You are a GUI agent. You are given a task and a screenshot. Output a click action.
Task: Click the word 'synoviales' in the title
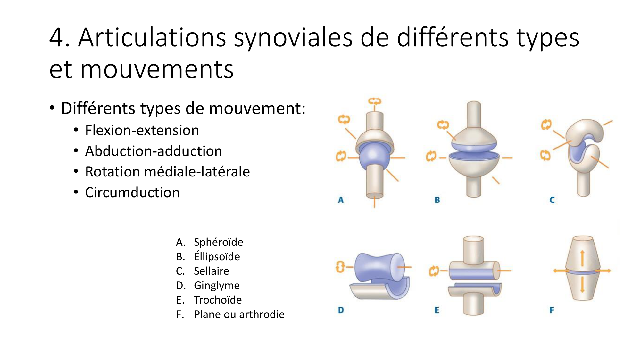293,38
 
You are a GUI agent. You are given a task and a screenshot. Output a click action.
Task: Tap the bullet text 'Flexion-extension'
142,130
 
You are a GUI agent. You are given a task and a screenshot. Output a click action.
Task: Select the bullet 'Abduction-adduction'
154,151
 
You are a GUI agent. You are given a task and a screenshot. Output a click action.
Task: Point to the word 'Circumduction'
132,193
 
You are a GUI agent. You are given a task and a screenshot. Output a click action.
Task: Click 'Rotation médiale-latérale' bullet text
167,172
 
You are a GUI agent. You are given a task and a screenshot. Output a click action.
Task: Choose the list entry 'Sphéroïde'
218,242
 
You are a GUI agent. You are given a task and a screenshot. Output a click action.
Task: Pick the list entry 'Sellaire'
211,271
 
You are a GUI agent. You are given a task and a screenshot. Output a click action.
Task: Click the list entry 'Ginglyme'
217,285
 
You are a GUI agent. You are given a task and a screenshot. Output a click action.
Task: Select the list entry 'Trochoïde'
218,300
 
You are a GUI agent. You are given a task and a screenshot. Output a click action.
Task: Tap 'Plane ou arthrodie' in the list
239,314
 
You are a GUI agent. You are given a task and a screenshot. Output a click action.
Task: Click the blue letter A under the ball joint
341,200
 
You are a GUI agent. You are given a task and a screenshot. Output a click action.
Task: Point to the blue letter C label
552,200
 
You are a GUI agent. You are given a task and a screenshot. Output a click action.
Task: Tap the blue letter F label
552,310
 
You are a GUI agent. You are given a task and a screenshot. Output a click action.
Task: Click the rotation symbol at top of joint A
374,101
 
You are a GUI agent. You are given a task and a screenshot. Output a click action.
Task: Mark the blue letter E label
437,310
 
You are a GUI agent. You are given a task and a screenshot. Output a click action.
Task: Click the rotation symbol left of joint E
433,271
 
